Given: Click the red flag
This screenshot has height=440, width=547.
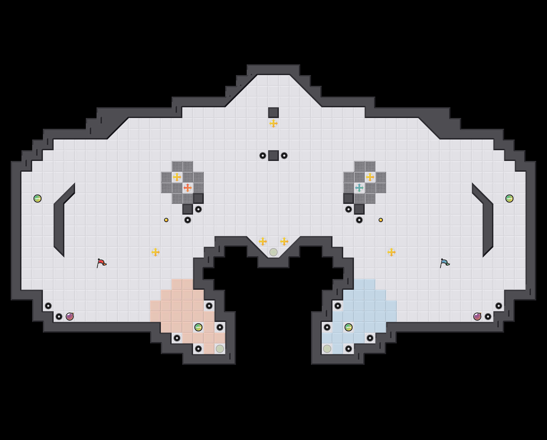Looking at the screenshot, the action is pos(101,263).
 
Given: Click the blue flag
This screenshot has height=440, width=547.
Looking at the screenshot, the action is pos(445,263).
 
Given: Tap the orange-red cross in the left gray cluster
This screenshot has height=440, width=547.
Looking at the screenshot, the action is pos(188,188).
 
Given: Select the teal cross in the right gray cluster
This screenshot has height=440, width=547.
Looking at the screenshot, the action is pos(359,188).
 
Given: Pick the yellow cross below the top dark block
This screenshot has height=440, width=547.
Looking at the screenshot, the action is pos(273,123).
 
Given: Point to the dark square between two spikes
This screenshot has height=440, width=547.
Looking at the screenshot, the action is pos(273,156).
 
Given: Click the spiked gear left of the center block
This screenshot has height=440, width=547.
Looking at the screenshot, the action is pos(263,156).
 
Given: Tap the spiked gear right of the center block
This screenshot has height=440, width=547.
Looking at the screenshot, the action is pos(284,156).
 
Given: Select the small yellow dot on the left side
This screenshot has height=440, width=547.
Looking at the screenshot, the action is pos(166,220).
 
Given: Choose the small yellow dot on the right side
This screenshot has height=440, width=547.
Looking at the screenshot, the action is pos(381,220).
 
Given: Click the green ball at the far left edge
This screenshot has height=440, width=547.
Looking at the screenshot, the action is pos(38,199).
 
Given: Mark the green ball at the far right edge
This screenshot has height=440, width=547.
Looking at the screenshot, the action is pos(509,199).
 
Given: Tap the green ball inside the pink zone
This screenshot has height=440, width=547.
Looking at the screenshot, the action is pos(198,327).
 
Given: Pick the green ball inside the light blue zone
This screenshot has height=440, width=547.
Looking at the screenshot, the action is pos(349,327).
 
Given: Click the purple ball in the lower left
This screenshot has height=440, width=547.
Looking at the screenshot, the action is pos(70,317).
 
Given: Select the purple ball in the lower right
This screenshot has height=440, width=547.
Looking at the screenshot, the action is pos(477,317).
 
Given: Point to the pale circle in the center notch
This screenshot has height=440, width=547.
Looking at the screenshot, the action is pos(273,252).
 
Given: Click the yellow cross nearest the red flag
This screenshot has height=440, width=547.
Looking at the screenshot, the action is pos(156,252).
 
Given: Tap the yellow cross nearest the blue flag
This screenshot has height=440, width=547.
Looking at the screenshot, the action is pos(391,252).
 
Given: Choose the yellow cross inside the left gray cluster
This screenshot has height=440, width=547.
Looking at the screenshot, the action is pos(177,177).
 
